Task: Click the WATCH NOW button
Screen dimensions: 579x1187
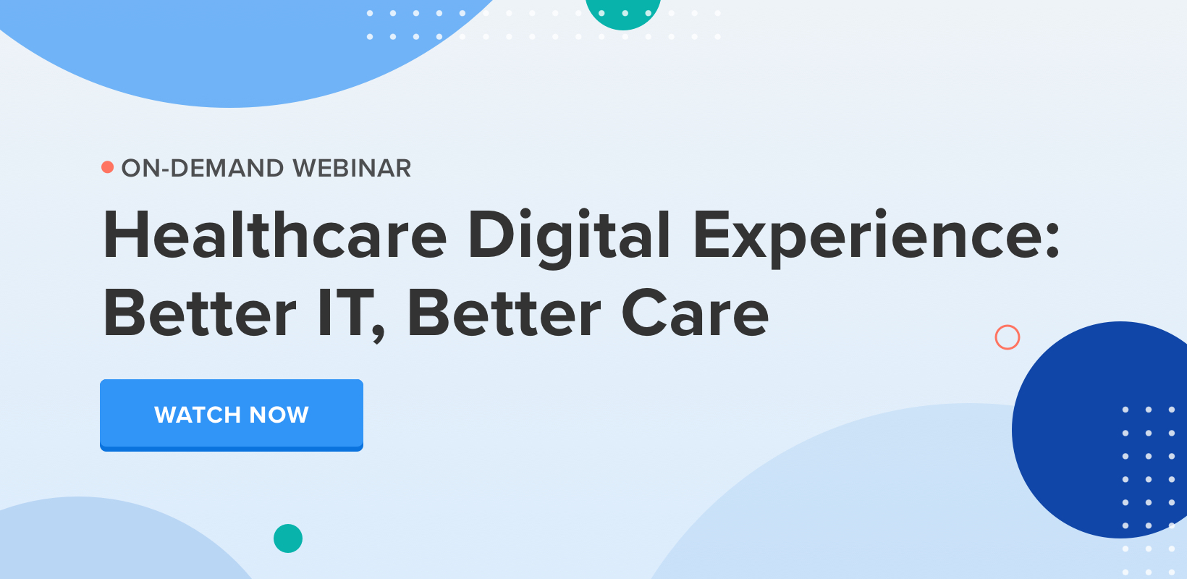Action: tap(232, 415)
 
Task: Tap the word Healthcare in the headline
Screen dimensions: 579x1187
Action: tap(276, 235)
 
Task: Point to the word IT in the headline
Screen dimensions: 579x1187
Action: tap(346, 314)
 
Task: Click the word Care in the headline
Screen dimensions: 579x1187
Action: tap(695, 314)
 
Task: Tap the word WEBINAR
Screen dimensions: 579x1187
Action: tap(352, 168)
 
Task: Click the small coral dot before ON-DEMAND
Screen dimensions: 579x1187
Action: tap(107, 167)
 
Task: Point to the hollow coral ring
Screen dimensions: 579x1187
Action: tap(1008, 337)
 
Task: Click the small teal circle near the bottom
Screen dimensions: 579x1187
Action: tap(288, 538)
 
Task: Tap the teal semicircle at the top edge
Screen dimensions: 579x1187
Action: tap(622, 13)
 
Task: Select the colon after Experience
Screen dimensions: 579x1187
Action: tap(1052, 237)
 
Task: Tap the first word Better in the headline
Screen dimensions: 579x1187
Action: tap(200, 314)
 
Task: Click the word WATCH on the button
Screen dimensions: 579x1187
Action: tap(197, 415)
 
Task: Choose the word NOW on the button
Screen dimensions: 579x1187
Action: tap(279, 415)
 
